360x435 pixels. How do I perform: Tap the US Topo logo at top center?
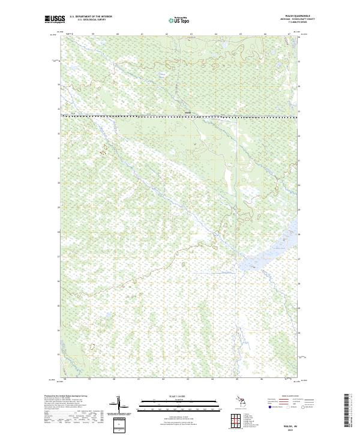[180, 20]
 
